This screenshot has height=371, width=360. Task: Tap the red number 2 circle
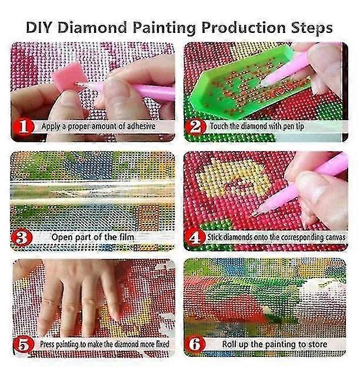point(196,126)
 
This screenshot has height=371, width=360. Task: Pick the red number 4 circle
point(196,237)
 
